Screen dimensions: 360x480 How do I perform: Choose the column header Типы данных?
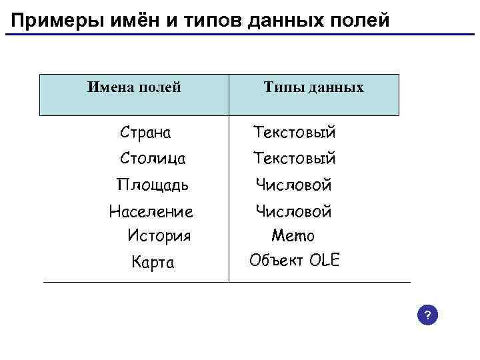pos(313,87)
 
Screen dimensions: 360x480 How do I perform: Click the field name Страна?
pos(145,132)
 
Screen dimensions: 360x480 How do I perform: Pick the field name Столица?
pos(153,159)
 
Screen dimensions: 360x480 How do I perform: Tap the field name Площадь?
pos(152,185)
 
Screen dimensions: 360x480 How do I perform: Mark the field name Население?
pos(151,212)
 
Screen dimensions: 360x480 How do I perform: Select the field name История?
pos(159,235)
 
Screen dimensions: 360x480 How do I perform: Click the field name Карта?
pos(153,263)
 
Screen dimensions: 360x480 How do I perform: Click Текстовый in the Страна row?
pos(294,132)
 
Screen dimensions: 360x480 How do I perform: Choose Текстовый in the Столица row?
pos(294,159)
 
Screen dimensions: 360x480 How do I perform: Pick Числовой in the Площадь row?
pos(294,185)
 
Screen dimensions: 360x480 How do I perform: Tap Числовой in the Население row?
pos(294,212)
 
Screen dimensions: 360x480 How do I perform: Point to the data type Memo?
pos(293,235)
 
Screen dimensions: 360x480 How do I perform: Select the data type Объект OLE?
pos(294,260)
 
